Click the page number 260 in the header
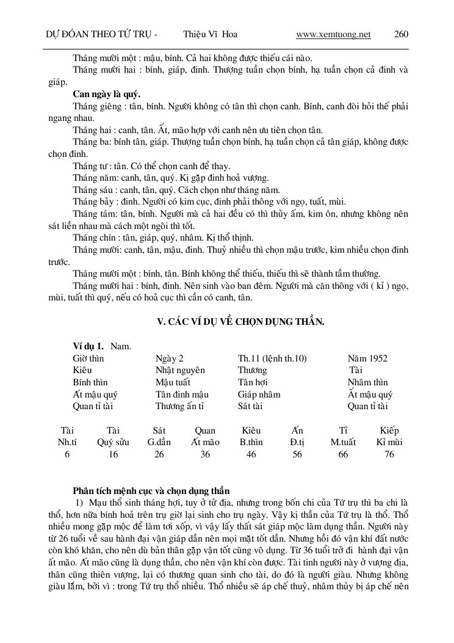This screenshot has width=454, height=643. click(401, 34)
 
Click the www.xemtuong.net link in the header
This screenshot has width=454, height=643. click(333, 34)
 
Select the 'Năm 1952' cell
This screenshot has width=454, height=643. click(367, 358)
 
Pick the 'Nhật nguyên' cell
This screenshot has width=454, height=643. click(180, 370)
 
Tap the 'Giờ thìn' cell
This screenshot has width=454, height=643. click(88, 358)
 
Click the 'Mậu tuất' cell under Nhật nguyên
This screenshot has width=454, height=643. click(173, 382)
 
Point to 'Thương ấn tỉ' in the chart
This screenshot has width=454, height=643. click(179, 406)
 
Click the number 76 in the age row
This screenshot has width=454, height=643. click(389, 454)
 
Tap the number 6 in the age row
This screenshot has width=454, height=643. click(67, 454)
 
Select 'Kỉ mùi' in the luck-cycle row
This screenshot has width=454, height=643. click(389, 442)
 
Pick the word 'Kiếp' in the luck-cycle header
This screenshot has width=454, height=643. click(389, 430)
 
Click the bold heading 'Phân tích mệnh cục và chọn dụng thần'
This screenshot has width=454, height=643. click(151, 490)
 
